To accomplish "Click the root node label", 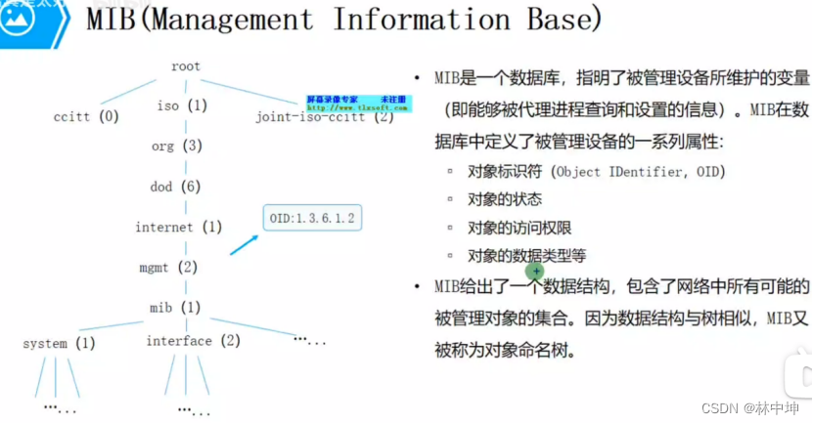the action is (x=185, y=66).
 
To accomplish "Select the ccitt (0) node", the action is (x=86, y=117).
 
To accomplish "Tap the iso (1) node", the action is (x=182, y=106).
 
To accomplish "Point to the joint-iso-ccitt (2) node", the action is (x=324, y=117).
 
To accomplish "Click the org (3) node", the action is (x=176, y=146).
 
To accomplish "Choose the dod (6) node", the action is (x=175, y=187).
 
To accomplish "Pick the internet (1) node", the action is (x=179, y=228).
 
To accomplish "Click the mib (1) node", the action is (x=175, y=307).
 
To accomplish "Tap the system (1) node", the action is (x=59, y=344).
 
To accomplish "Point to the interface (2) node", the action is (x=193, y=341).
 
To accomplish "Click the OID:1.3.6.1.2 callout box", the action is (x=312, y=217).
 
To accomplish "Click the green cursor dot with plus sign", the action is (x=535, y=270).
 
